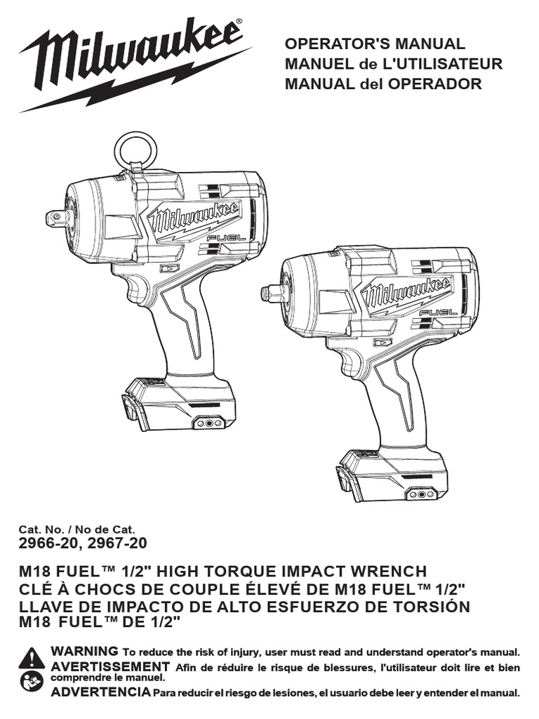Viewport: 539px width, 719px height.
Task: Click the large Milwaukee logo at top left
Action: [x=133, y=64]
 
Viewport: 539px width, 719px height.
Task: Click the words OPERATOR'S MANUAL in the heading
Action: [x=375, y=44]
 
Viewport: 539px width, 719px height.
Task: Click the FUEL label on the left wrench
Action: [x=226, y=238]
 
